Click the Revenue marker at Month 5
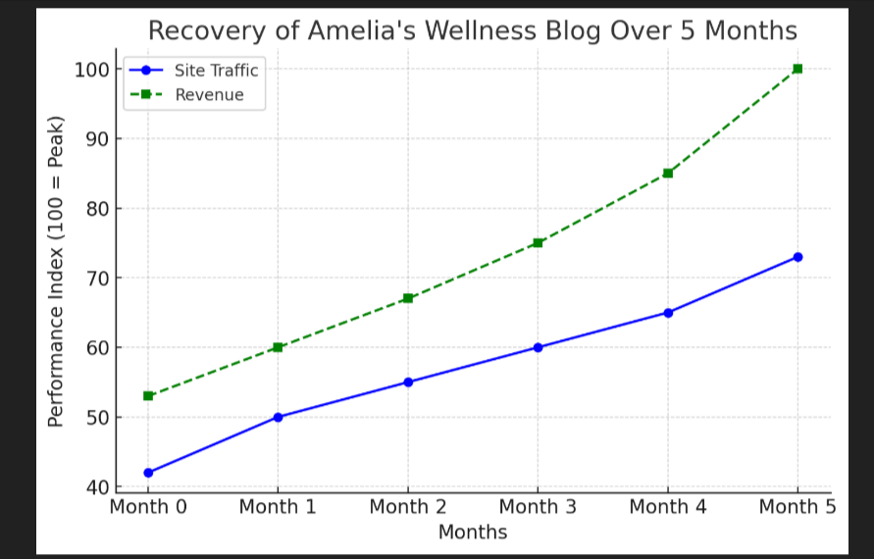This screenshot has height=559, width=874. point(797,69)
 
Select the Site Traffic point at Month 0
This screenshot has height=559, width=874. point(148,473)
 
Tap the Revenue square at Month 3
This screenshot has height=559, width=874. point(538,242)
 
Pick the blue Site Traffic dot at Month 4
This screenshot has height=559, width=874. point(668,313)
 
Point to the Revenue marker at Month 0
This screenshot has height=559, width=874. point(148,396)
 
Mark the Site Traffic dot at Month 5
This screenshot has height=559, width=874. point(797,257)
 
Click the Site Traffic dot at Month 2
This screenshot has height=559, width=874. point(408,382)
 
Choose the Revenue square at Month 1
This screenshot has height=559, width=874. point(278,347)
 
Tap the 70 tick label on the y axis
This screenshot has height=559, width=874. point(95,279)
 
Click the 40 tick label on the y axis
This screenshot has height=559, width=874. point(95,487)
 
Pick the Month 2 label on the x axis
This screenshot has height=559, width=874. point(408,507)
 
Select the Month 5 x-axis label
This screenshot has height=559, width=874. point(797,507)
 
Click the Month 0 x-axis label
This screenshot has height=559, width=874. point(148,507)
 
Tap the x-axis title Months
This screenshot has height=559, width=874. point(473,533)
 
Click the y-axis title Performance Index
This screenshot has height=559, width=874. point(56,271)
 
